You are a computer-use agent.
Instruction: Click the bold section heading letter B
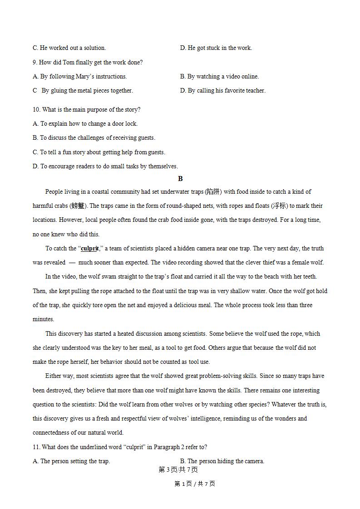180,179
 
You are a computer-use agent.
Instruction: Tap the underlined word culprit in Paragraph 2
90,249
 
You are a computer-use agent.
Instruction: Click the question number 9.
35,62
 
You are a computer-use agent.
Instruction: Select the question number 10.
36,109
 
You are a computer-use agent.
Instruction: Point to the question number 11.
36,447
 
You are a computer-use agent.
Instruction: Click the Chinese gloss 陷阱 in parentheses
212,192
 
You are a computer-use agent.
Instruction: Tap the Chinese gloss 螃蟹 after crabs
78,206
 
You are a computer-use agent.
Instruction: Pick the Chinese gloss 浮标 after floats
279,206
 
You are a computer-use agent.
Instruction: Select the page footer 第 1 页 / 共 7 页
195,484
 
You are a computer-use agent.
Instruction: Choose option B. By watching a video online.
219,77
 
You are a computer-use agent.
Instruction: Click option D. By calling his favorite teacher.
222,91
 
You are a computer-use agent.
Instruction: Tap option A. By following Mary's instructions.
80,77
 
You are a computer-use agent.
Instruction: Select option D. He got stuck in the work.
216,48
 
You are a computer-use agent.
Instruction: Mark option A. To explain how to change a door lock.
85,123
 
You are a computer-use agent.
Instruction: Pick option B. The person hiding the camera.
222,461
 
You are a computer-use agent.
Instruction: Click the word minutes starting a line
43,319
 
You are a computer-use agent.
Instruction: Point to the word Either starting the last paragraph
54,376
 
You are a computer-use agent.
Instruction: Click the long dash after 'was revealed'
72,263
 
